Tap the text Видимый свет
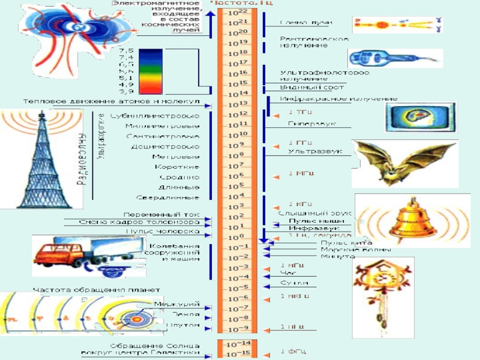tap(304, 88)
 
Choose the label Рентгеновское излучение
tap(314, 41)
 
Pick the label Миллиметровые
tap(163, 126)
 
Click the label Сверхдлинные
tap(167, 197)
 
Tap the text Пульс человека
tap(162, 231)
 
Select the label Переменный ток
tap(161, 214)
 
